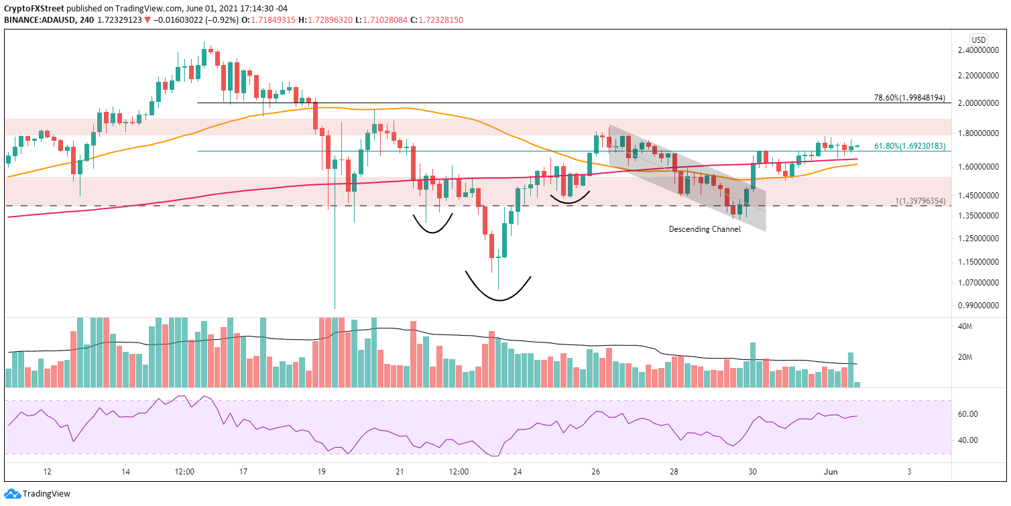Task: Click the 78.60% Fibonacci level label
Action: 909,98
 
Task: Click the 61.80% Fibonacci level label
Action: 909,145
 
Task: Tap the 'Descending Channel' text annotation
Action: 705,229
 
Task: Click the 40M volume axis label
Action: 984,327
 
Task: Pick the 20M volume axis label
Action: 984,357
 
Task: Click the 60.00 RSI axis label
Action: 981,414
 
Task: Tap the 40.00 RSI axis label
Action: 981,440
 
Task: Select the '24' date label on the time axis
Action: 517,471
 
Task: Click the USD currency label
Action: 979,39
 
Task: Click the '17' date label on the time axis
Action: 243,471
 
